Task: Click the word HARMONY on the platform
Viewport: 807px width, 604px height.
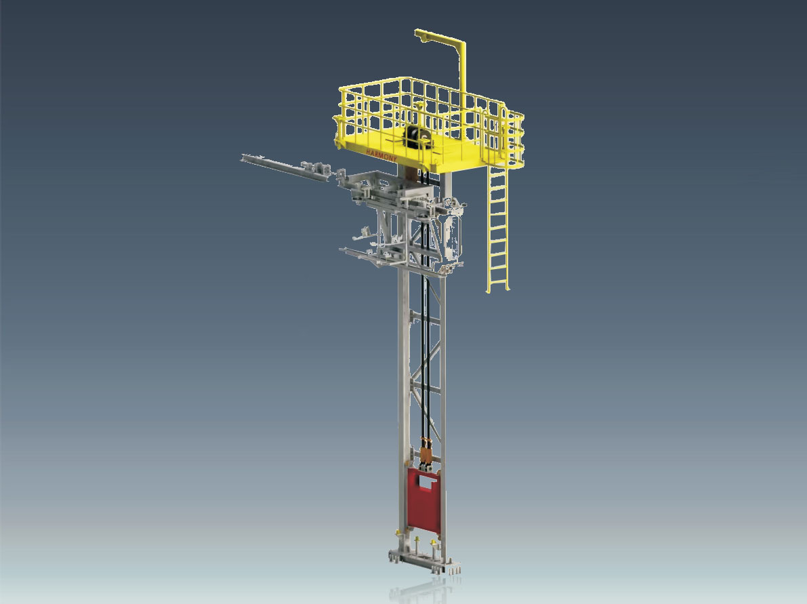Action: coord(381,155)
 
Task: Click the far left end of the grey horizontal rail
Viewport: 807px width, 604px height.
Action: coord(242,157)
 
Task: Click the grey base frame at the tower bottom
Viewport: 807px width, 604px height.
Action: coord(425,561)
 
